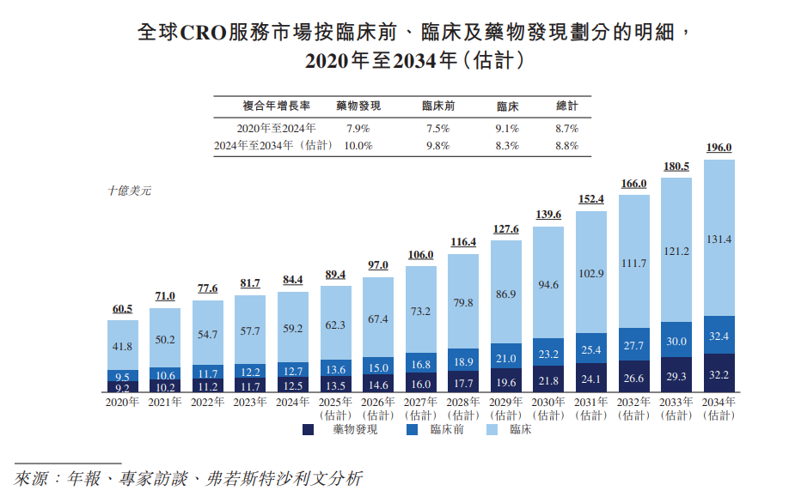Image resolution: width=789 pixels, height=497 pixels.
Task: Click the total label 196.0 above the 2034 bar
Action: coord(719,148)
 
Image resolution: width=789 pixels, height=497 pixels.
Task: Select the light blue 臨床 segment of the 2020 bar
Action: coord(123,345)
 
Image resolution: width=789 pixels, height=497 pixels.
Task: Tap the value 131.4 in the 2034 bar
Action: coord(719,239)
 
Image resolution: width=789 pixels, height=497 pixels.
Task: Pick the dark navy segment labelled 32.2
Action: coord(719,375)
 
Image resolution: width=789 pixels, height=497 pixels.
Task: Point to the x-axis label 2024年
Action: coord(293,402)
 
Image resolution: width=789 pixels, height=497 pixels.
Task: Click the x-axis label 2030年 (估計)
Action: coord(548,408)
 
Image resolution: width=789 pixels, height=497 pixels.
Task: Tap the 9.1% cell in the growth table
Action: coord(507,129)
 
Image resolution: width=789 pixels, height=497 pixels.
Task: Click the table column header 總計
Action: coord(567,106)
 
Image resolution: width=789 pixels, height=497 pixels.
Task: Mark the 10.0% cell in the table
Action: coord(358,146)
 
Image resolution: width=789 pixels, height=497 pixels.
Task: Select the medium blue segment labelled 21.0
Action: coord(505,358)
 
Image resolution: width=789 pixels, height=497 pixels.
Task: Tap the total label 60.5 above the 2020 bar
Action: coord(123,308)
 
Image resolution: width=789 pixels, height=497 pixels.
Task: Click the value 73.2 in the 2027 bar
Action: coord(420,312)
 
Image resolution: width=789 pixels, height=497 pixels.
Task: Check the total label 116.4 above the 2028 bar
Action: coord(463,243)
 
